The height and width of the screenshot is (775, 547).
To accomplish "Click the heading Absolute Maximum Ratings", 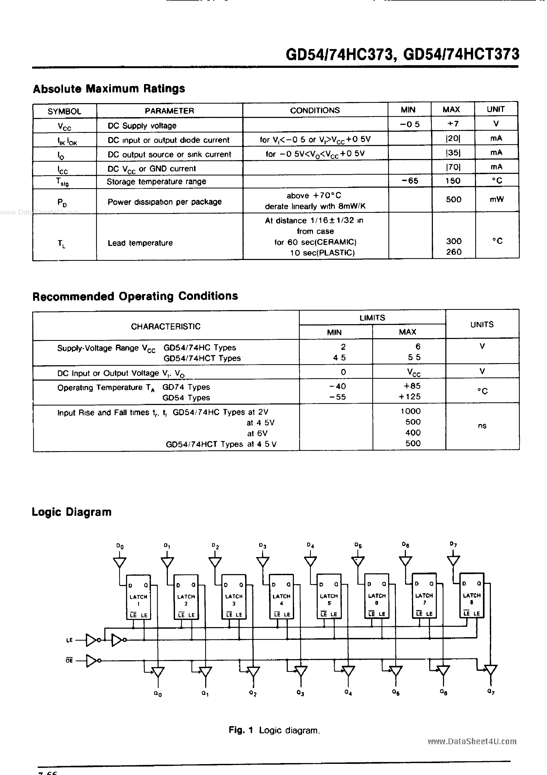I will pyautogui.click(x=109, y=89).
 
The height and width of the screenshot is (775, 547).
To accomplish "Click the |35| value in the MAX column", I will pyautogui.click(x=453, y=153).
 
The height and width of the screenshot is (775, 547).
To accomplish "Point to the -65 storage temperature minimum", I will pyautogui.click(x=410, y=181).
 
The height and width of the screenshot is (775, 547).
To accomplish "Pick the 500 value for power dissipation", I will pyautogui.click(x=453, y=200).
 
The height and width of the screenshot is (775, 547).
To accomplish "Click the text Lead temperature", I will pyautogui.click(x=140, y=243).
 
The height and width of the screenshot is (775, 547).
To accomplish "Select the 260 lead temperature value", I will pyautogui.click(x=454, y=252).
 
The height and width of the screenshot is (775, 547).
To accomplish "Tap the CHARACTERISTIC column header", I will pyautogui.click(x=165, y=326).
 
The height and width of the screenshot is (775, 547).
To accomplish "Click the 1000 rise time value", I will pyautogui.click(x=410, y=411).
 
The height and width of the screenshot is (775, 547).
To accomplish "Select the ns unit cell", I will pyautogui.click(x=482, y=426).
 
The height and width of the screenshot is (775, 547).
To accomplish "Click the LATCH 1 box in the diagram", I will pyautogui.click(x=138, y=597).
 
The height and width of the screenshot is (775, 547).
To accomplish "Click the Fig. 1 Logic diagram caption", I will pyautogui.click(x=274, y=730).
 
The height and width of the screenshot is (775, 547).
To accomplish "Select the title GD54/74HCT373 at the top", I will pyautogui.click(x=461, y=54).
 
